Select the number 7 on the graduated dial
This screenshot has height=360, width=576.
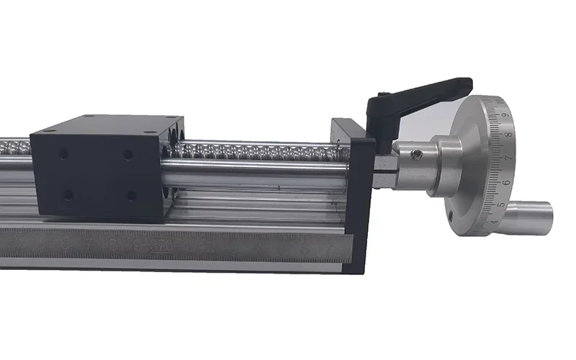pos(509,156)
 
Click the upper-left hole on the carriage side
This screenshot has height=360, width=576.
pos(63,154)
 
